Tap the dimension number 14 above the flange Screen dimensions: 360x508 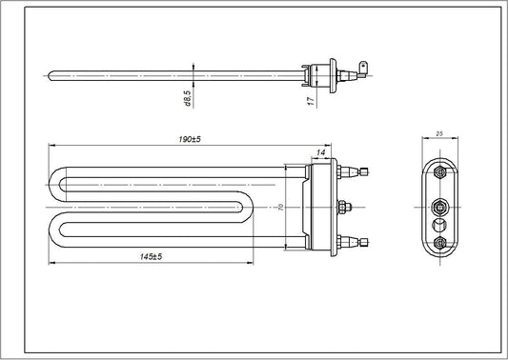click(x=321, y=151)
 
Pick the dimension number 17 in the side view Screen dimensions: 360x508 click(x=311, y=99)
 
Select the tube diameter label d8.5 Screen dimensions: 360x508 click(x=188, y=97)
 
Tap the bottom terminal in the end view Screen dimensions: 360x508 click(x=439, y=244)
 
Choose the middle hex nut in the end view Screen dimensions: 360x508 click(x=439, y=205)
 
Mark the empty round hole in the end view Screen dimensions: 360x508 click(x=439, y=224)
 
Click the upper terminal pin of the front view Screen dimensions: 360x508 click(x=361, y=172)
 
